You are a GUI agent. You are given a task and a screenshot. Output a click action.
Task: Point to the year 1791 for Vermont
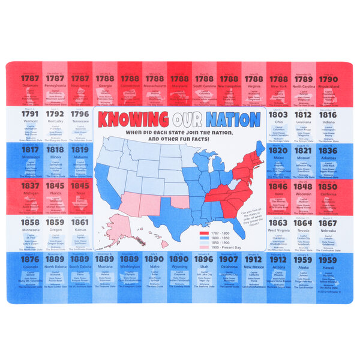[30, 114]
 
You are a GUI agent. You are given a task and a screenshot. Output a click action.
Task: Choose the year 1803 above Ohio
[278, 114]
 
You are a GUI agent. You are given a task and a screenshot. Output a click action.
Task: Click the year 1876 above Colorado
[30, 259]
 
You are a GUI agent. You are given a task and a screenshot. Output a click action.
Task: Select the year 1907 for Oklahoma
[229, 259]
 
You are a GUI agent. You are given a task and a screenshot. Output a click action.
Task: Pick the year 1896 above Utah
[203, 259]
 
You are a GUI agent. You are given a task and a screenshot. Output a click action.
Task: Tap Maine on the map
[260, 148]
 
